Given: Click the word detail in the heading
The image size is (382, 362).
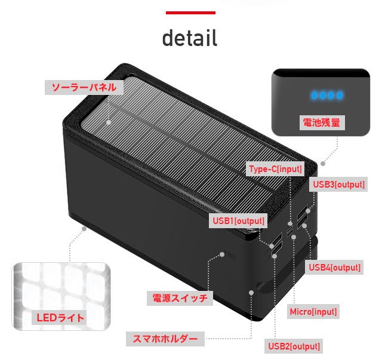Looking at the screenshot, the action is pyautogui.click(x=190, y=38).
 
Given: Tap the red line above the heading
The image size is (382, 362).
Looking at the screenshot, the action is pyautogui.click(x=190, y=13).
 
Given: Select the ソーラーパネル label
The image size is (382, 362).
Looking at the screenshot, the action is pyautogui.click(x=84, y=87).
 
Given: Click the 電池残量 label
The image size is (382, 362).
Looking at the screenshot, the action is pyautogui.click(x=322, y=122).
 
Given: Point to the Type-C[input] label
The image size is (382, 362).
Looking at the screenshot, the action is pyautogui.click(x=275, y=169).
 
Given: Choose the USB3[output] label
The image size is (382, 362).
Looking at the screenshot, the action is pyautogui.click(x=338, y=185).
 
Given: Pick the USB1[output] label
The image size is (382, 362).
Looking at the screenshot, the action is pyautogui.click(x=238, y=221).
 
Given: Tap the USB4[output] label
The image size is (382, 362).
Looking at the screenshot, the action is pyautogui.click(x=334, y=268).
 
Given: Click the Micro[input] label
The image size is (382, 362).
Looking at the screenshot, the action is pyautogui.click(x=313, y=312).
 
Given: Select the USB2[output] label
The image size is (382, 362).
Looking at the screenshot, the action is pyautogui.click(x=294, y=346).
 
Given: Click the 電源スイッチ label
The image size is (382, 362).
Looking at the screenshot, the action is pyautogui.click(x=180, y=298).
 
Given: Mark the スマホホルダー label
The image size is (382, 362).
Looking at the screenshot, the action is pyautogui.click(x=165, y=339).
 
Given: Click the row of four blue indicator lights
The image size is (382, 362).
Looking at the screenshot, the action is pyautogui.click(x=327, y=95).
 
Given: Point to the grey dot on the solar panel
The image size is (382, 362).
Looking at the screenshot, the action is pyautogui.click(x=109, y=122).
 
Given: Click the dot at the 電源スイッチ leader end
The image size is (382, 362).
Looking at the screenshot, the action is pyautogui.click(x=222, y=254).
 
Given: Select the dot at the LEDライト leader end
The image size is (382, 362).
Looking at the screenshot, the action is pyautogui.click(x=84, y=229).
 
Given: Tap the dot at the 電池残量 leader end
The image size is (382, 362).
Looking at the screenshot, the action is pyautogui.click(x=323, y=164).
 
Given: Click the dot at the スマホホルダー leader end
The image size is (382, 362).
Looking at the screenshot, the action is pyautogui.click(x=251, y=293).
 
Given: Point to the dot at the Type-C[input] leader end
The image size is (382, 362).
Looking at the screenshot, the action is pyautogui.click(x=290, y=223).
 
